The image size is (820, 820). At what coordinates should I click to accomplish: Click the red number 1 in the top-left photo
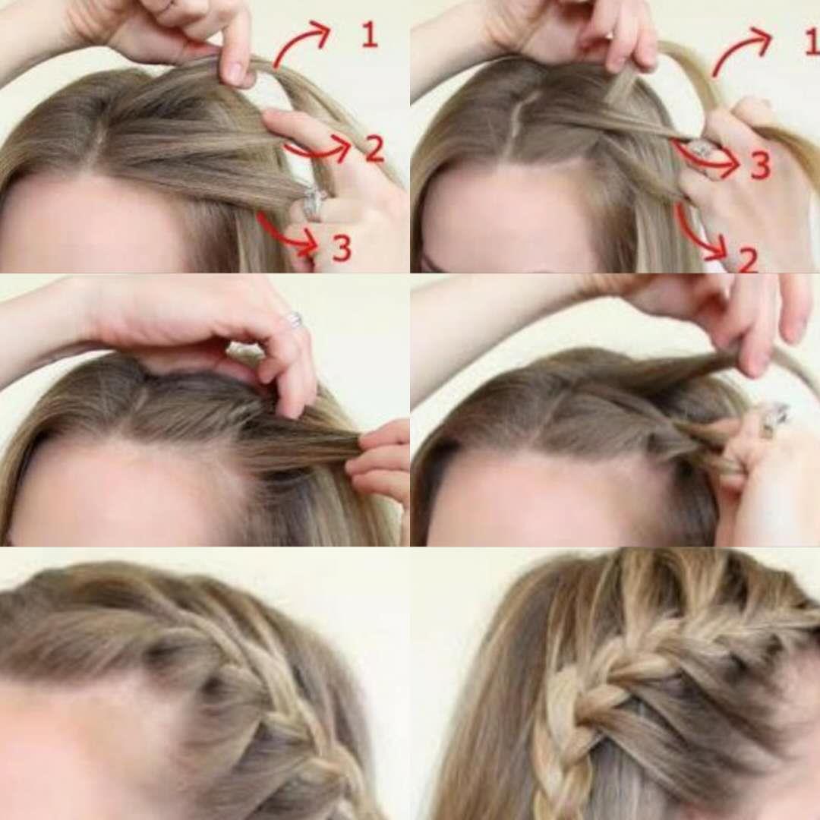point(370,35)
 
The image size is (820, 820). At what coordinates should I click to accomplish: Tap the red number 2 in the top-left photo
point(374,149)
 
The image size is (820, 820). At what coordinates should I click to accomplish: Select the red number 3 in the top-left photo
point(342,248)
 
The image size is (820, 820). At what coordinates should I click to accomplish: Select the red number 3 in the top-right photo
point(760,165)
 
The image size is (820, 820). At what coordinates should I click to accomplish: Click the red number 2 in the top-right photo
point(749,260)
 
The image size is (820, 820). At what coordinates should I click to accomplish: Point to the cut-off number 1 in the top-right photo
point(812,42)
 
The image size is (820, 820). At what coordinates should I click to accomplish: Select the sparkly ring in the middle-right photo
point(774,418)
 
